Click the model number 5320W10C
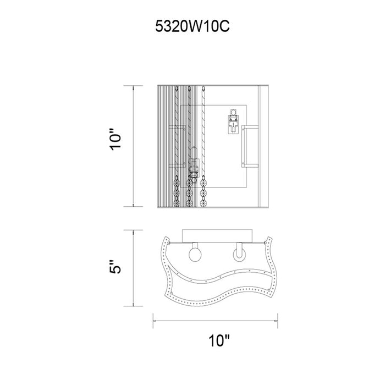point(193,26)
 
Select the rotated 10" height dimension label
point(116,139)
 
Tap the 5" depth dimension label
point(116,267)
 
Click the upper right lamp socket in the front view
point(233,122)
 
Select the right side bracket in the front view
point(250,146)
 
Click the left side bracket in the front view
point(177,146)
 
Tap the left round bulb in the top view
point(195,255)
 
